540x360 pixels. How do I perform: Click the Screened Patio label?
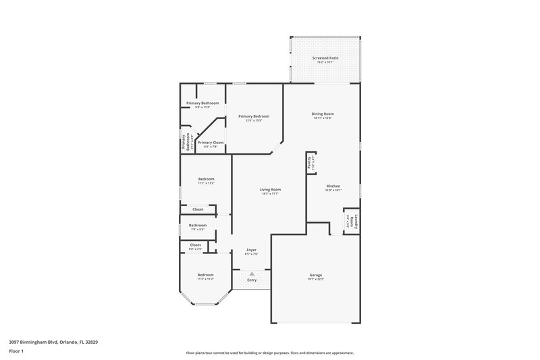coord(325,59)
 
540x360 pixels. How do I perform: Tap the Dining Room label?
coord(323,114)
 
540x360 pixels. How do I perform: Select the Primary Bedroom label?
coord(250,117)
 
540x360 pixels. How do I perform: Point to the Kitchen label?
coord(333,186)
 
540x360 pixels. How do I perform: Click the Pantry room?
coord(311,162)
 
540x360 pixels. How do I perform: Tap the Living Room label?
coord(270,190)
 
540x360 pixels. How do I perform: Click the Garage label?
coord(315,275)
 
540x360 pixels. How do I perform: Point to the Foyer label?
coord(251,250)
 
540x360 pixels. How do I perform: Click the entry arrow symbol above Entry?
coord(252,273)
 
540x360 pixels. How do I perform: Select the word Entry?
coord(252,280)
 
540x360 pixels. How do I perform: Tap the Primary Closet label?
coord(210,143)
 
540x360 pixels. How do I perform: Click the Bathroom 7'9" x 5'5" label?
coord(197,226)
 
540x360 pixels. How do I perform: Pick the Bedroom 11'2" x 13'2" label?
coord(206,179)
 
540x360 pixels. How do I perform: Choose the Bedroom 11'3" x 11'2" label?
coord(205,275)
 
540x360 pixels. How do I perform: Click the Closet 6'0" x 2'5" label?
coord(195,245)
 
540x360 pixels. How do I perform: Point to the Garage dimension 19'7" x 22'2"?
coord(315,278)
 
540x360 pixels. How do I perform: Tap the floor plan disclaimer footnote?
coord(270,353)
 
